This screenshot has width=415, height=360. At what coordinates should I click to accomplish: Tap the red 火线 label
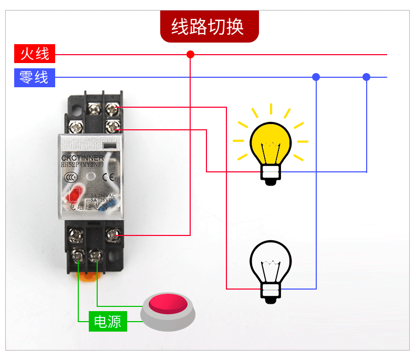pyautogui.click(x=34, y=54)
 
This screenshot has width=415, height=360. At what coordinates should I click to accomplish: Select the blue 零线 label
pyautogui.click(x=34, y=77)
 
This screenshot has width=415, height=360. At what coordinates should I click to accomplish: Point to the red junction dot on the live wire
pyautogui.click(x=190, y=54)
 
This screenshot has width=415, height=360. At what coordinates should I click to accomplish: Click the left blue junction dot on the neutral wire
pyautogui.click(x=316, y=77)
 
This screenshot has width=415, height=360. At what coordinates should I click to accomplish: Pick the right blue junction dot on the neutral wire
pyautogui.click(x=366, y=77)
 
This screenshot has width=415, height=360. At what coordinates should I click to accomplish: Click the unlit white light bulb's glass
pyautogui.click(x=271, y=259)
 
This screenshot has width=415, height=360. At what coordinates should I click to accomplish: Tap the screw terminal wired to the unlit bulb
pyautogui.click(x=112, y=109)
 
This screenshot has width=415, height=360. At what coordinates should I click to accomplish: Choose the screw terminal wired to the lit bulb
pyautogui.click(x=112, y=126)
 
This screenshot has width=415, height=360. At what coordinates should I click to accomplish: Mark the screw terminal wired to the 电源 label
pyautogui.click(x=78, y=256)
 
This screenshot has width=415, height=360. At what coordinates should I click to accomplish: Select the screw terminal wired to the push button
pyautogui.click(x=96, y=256)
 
